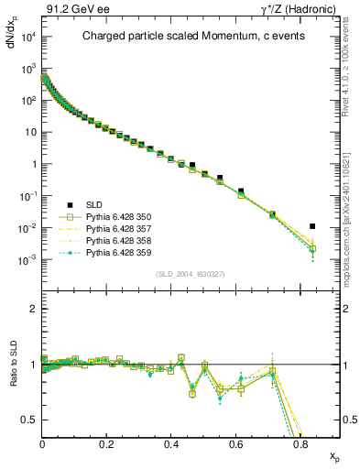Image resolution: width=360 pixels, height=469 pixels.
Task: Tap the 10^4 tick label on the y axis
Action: coord(27,38)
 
